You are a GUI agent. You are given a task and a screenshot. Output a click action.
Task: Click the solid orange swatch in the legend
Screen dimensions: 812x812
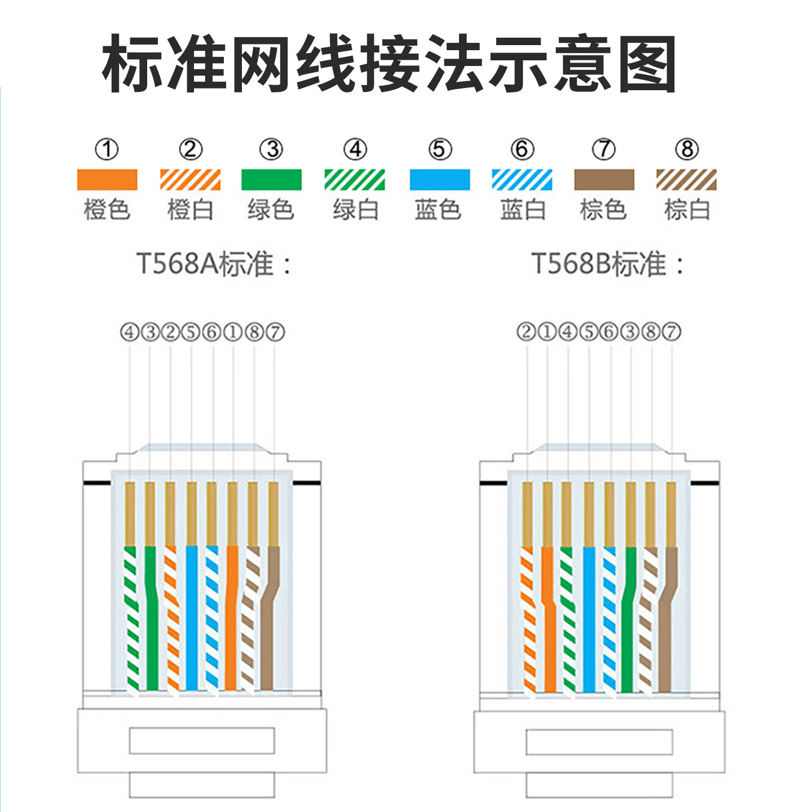107,180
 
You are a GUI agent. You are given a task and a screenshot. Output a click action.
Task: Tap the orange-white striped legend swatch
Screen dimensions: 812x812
190,180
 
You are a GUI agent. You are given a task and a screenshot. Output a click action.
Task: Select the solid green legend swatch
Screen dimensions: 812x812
271,180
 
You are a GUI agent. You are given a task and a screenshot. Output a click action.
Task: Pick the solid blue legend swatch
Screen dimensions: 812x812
439,180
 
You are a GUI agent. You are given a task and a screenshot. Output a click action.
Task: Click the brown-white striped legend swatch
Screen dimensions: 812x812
686,180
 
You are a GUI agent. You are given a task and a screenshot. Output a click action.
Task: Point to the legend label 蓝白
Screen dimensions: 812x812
523,210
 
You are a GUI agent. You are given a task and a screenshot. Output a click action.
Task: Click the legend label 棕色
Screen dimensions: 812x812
603,210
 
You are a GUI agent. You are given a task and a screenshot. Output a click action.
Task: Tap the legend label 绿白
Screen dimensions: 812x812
355,210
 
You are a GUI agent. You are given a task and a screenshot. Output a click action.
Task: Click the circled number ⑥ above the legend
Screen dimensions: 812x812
522,149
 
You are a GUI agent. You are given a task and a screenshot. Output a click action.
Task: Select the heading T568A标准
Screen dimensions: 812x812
214,264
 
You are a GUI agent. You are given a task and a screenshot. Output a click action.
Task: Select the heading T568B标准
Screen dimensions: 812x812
608,264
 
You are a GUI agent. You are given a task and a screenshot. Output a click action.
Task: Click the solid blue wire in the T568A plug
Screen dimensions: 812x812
192,617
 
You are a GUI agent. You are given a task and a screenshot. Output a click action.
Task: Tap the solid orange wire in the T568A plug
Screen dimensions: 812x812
231,617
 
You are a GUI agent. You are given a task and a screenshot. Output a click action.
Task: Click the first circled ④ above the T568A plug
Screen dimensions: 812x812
130,332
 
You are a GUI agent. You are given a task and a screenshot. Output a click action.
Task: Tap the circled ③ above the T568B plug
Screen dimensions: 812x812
630,332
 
